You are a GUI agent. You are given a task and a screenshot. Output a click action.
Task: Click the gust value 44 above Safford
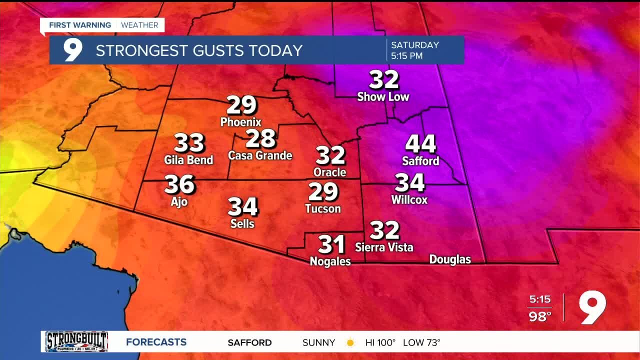(x=420, y=144)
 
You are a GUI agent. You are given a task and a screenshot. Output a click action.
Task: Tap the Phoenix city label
(x=241, y=121)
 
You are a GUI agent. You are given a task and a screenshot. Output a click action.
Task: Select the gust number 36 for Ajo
(x=179, y=184)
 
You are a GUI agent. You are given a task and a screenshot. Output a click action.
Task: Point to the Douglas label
(x=450, y=259)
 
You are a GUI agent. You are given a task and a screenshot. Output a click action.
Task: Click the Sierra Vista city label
(x=384, y=247)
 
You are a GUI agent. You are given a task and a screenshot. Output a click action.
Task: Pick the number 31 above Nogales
(x=331, y=244)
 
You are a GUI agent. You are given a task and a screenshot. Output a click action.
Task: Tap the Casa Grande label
(x=260, y=155)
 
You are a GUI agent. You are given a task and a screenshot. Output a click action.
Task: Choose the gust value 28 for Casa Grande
(x=260, y=138)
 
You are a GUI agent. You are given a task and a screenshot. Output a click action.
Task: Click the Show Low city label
(x=383, y=96)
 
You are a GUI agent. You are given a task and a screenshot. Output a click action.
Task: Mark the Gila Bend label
(x=188, y=160)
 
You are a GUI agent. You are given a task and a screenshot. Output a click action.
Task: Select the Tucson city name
(x=323, y=208)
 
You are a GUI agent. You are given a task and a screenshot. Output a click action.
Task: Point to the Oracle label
(x=329, y=172)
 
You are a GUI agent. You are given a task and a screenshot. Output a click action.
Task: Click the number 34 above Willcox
(x=409, y=183)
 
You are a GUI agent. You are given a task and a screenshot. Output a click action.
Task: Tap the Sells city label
(x=242, y=223)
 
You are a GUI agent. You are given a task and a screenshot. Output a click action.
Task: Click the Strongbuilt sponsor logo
(x=76, y=342)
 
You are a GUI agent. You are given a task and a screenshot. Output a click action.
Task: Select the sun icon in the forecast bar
(x=350, y=343)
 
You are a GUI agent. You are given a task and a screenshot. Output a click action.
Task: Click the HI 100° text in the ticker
(x=380, y=343)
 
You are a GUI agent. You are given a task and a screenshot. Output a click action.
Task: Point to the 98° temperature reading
(x=540, y=316)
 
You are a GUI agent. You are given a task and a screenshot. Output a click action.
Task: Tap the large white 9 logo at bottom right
(x=592, y=307)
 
